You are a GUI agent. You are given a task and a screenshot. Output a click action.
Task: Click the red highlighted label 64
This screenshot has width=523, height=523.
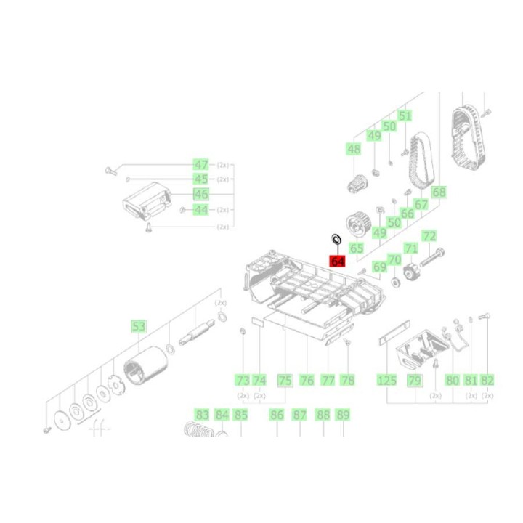[337, 260]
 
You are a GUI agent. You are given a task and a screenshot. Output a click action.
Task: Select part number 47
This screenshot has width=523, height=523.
[200, 164]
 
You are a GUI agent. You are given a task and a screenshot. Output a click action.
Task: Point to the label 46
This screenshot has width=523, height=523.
[200, 194]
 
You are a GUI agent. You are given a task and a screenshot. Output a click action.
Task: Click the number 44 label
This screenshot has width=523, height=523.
[200, 210]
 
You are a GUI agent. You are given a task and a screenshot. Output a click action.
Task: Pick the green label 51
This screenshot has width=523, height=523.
[405, 116]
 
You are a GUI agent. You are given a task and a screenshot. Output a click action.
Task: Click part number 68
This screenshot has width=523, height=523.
[439, 192]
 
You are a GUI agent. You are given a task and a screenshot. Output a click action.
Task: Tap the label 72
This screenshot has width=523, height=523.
[429, 236]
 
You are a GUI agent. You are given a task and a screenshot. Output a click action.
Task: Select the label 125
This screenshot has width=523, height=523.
[386, 380]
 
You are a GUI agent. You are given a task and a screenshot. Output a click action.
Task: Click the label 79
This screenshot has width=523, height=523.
[414, 380]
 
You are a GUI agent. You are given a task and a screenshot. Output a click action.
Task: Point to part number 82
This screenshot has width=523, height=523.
[487, 380]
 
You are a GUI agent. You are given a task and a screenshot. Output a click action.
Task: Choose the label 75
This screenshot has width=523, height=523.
[285, 380]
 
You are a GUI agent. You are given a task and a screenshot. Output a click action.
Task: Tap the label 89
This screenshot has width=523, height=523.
[343, 415]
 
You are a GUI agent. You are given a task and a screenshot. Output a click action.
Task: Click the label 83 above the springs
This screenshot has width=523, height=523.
[202, 415]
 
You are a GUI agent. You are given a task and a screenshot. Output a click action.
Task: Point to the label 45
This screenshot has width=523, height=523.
[200, 179]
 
